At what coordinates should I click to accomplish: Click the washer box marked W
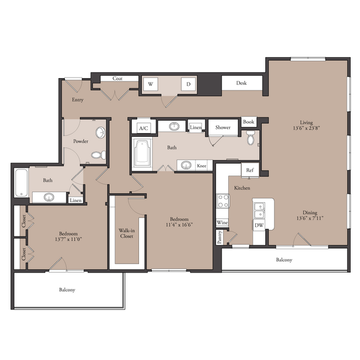(151, 84)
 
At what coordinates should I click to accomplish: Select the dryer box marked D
(188, 84)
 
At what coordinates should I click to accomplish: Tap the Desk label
(241, 83)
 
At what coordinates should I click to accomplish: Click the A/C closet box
(143, 127)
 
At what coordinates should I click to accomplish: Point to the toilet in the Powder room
(99, 155)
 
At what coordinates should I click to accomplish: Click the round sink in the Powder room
(101, 132)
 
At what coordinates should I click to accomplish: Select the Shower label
(223, 127)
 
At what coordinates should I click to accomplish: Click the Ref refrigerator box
(250, 170)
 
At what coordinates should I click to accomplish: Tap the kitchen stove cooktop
(223, 201)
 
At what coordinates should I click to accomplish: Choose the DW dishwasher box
(259, 225)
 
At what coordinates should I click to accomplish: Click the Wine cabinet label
(222, 223)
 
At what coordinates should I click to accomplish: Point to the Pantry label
(219, 237)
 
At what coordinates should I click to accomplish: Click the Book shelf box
(249, 122)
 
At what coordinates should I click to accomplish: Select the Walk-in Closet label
(127, 233)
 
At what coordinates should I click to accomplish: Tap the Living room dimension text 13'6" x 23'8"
(306, 128)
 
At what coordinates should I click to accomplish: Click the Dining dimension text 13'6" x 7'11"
(310, 218)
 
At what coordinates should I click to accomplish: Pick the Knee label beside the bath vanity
(202, 166)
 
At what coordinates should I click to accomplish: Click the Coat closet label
(117, 79)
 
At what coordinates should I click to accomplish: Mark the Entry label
(78, 100)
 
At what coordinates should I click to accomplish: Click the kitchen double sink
(259, 210)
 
